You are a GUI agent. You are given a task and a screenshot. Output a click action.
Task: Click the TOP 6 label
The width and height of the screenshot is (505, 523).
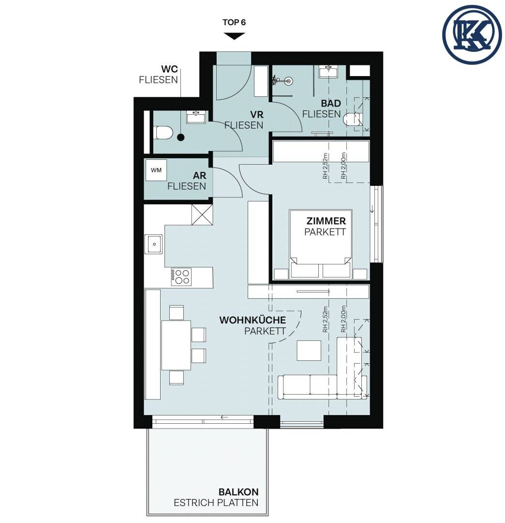pos(234,22)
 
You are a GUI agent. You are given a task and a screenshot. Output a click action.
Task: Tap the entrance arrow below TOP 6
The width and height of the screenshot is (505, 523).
pos(234,36)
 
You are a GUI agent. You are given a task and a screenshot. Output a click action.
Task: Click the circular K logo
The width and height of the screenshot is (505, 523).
pos(472,34)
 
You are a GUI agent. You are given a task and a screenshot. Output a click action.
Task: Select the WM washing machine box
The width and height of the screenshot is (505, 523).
pos(156,170)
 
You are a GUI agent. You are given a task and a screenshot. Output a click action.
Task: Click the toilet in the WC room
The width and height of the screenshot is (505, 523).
pos(163,132)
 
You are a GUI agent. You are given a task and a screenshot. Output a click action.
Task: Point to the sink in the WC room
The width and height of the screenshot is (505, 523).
pos(195,117)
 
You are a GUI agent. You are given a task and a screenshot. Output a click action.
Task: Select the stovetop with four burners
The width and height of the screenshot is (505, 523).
pos(181,277)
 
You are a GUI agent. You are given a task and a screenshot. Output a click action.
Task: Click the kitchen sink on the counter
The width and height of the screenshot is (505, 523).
pos(153,244)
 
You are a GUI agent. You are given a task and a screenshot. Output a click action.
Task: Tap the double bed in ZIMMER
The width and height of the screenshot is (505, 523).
pos(321,244)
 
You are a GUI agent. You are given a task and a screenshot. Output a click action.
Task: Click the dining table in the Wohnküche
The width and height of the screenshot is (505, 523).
pos(176,345)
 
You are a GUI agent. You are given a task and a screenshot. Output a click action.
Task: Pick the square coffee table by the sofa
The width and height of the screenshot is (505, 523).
pos(309,350)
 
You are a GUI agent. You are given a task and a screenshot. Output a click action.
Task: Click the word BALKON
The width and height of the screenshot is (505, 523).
pos(238,492)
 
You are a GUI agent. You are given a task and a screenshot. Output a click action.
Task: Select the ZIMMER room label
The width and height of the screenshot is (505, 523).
pos(326,221)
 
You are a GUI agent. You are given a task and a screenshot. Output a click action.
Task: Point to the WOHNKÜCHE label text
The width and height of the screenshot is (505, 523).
pos(252,320)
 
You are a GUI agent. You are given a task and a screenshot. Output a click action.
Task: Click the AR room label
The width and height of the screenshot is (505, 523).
pos(200,175)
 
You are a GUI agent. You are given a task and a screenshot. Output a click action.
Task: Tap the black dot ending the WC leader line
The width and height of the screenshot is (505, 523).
pos(181,137)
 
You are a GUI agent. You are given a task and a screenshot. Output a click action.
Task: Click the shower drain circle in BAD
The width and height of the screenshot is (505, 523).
pos(288,80)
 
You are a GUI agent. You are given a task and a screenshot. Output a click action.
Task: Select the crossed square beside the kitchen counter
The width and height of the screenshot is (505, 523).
pos(202,215)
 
